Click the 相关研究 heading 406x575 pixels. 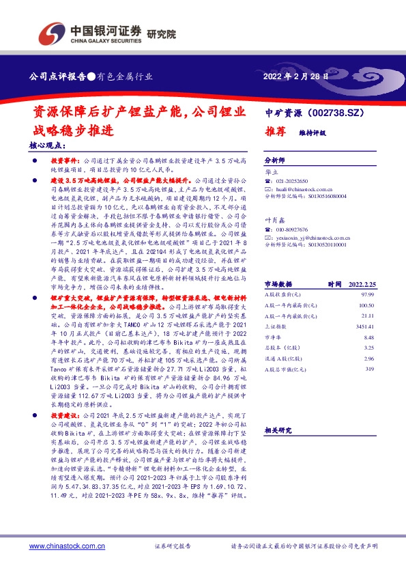(278, 430)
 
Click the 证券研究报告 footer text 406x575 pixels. (171, 547)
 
